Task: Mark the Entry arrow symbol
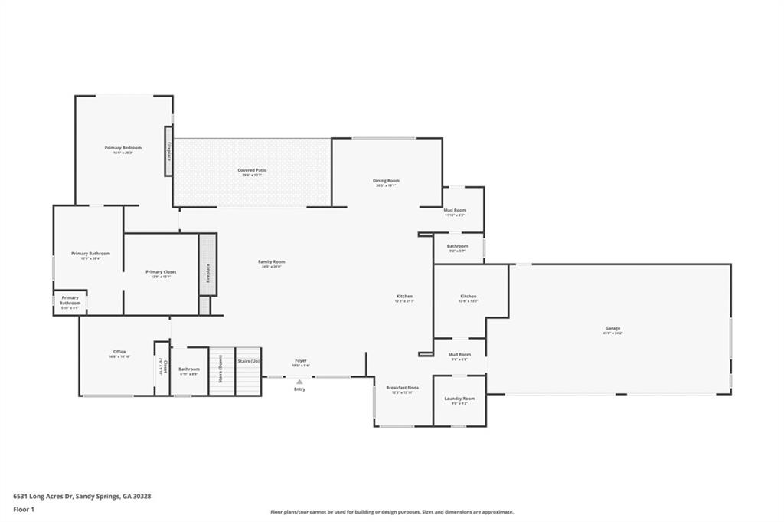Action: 299,382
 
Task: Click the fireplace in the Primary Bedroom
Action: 169,151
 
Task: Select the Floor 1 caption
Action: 24,509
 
